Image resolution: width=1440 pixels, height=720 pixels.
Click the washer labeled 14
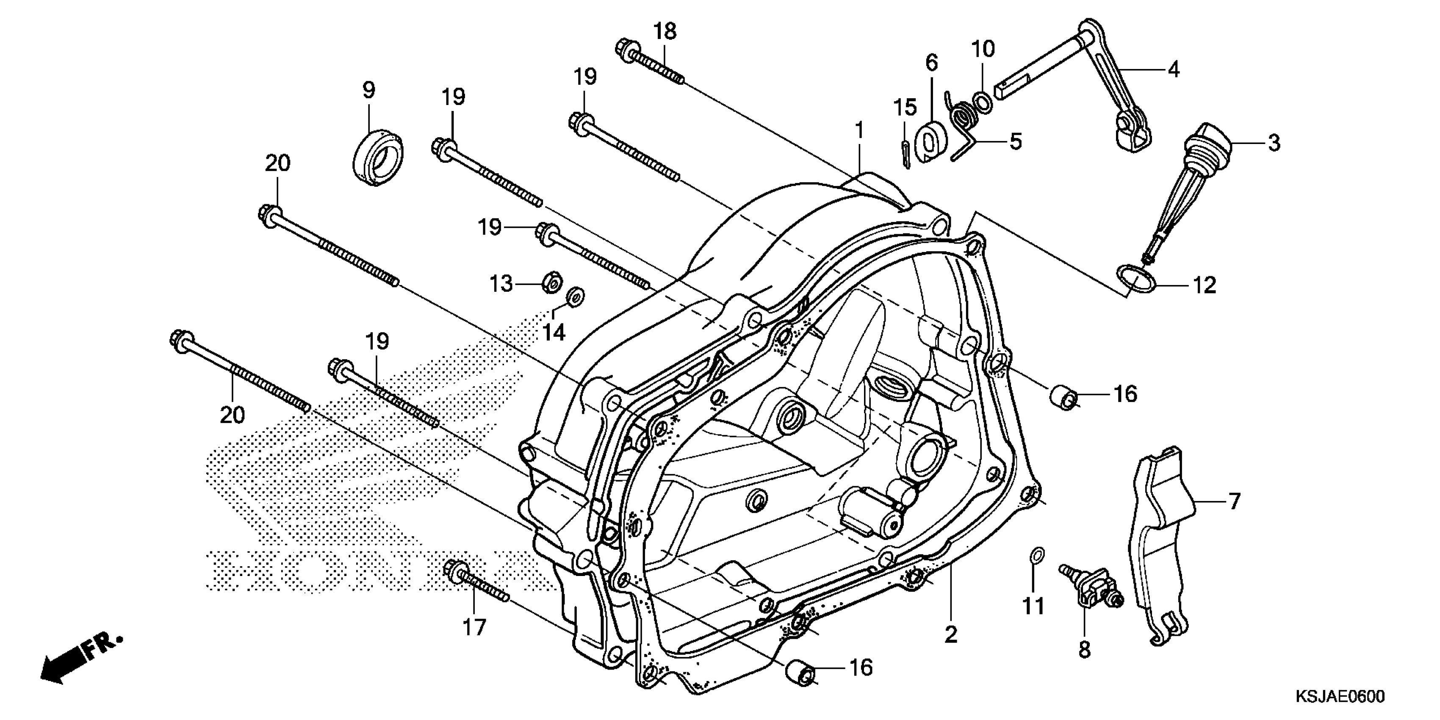coord(575,296)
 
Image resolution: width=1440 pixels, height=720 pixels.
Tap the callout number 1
coord(859,131)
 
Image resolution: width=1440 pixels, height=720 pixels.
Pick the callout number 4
coord(1173,69)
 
